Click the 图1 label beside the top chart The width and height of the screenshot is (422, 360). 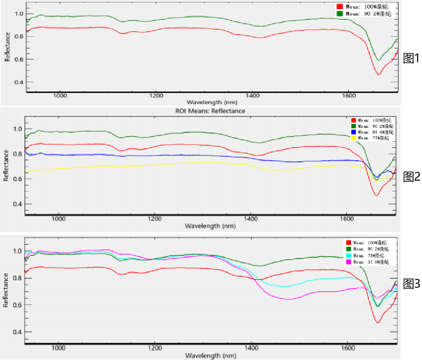pyautogui.click(x=411, y=59)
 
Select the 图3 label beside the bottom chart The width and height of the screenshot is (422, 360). pyautogui.click(x=411, y=283)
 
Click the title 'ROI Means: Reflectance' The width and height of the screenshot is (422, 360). pyautogui.click(x=210, y=111)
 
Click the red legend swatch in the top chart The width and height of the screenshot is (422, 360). pyautogui.click(x=339, y=7)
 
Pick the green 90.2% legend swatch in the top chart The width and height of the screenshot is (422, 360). pyautogui.click(x=339, y=13)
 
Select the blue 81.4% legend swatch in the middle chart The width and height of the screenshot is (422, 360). pyautogui.click(x=353, y=132)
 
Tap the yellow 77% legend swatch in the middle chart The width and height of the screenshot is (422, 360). pyautogui.click(x=353, y=138)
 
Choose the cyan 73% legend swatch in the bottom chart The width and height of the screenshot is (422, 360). pyautogui.click(x=349, y=255)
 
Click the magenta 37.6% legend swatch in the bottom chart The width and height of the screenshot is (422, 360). pyautogui.click(x=349, y=262)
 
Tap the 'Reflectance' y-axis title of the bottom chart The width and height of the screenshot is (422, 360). pyautogui.click(x=6, y=290)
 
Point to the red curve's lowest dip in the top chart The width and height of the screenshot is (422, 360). pyautogui.click(x=378, y=74)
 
